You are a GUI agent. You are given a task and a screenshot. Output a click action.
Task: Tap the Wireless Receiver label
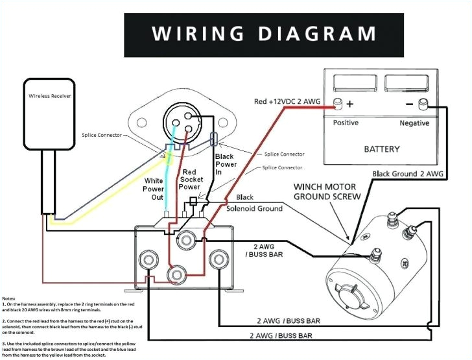point(50,96)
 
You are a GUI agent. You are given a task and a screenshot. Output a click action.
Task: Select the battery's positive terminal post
point(338,103)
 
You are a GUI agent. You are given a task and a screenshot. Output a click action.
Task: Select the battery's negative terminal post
point(424,103)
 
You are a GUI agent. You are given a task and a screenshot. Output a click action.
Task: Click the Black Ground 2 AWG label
point(408,174)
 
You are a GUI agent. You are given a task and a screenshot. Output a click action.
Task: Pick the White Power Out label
point(154,189)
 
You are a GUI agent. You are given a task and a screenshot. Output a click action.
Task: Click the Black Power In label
point(225,165)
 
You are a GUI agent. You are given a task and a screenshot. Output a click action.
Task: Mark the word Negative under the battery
point(414,123)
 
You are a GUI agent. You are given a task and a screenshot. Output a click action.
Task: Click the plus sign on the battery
point(350,104)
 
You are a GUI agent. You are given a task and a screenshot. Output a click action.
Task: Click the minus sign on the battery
point(410,104)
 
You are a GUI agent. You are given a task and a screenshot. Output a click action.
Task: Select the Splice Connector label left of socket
point(103,135)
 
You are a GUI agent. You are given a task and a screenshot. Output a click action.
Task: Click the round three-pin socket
point(184,120)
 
